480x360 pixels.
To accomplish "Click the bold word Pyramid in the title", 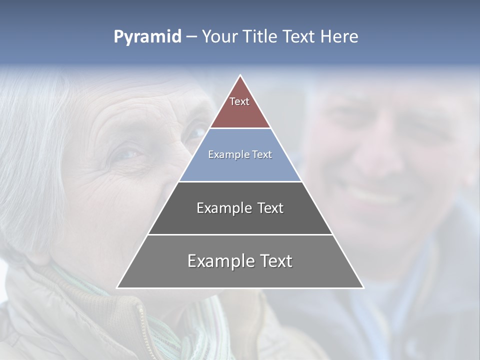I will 147,37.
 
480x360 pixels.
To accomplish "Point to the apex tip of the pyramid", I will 240,76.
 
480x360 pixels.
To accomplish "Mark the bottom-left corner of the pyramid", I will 117,287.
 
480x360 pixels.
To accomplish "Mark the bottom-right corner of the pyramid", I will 363,287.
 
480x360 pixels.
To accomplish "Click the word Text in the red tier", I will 239,101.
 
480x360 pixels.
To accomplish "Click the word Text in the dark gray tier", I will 270,208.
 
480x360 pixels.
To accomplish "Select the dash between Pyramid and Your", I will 191,37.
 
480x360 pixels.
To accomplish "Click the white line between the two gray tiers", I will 240,234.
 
